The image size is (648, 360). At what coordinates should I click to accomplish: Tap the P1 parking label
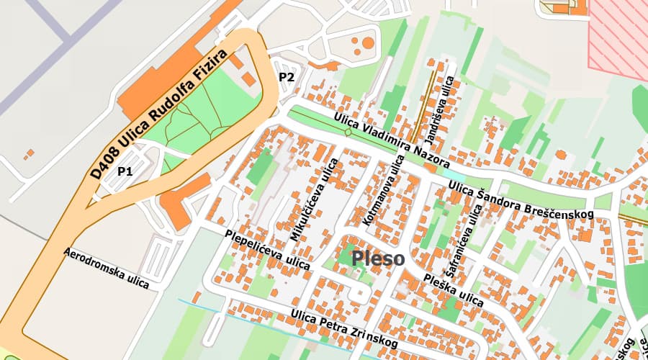tap(126, 171)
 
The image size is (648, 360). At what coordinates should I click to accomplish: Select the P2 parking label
tap(287, 77)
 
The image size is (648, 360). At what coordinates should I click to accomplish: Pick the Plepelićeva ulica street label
tap(267, 250)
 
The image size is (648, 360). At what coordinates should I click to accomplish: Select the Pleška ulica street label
tap(453, 289)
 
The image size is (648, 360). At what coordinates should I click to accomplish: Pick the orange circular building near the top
tap(368, 43)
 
